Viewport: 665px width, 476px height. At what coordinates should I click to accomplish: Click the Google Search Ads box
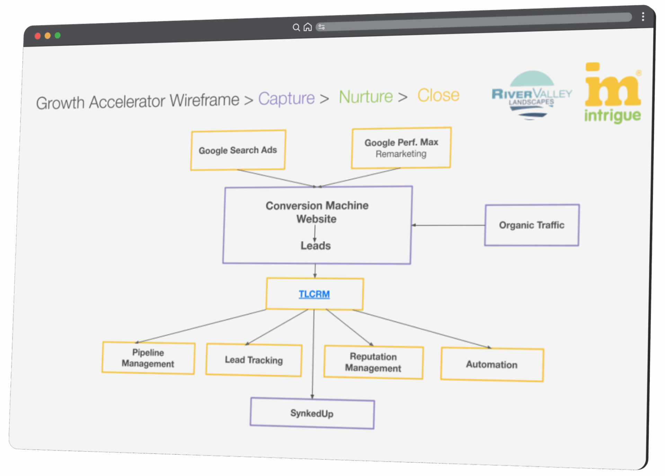(x=238, y=150)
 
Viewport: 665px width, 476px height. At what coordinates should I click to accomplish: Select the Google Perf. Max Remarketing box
(x=401, y=148)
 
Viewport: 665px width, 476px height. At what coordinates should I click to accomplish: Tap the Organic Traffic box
(x=532, y=225)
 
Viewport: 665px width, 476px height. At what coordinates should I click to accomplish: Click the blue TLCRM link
(x=314, y=294)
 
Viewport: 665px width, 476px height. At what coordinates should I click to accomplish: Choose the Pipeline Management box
(x=148, y=358)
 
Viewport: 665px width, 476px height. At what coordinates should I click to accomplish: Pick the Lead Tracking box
(x=254, y=360)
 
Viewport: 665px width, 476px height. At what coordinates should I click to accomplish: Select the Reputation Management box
(x=373, y=362)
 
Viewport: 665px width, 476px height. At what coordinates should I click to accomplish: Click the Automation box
(x=492, y=364)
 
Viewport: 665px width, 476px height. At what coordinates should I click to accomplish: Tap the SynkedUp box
(x=312, y=413)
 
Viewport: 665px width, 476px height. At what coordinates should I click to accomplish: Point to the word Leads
(x=316, y=245)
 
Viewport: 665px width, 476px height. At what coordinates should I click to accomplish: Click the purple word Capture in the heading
(x=286, y=98)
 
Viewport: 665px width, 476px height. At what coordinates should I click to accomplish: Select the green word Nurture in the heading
(x=366, y=96)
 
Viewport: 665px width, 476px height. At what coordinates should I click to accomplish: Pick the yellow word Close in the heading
(x=438, y=95)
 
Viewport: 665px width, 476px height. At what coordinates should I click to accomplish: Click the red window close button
(x=38, y=36)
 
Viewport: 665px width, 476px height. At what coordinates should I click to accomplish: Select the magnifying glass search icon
(x=296, y=27)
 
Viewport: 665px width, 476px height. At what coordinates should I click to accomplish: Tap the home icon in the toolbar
(x=308, y=27)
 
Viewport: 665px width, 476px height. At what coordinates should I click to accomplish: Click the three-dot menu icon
(x=643, y=17)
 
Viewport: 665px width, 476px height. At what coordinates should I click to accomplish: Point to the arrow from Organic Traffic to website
(x=449, y=225)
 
